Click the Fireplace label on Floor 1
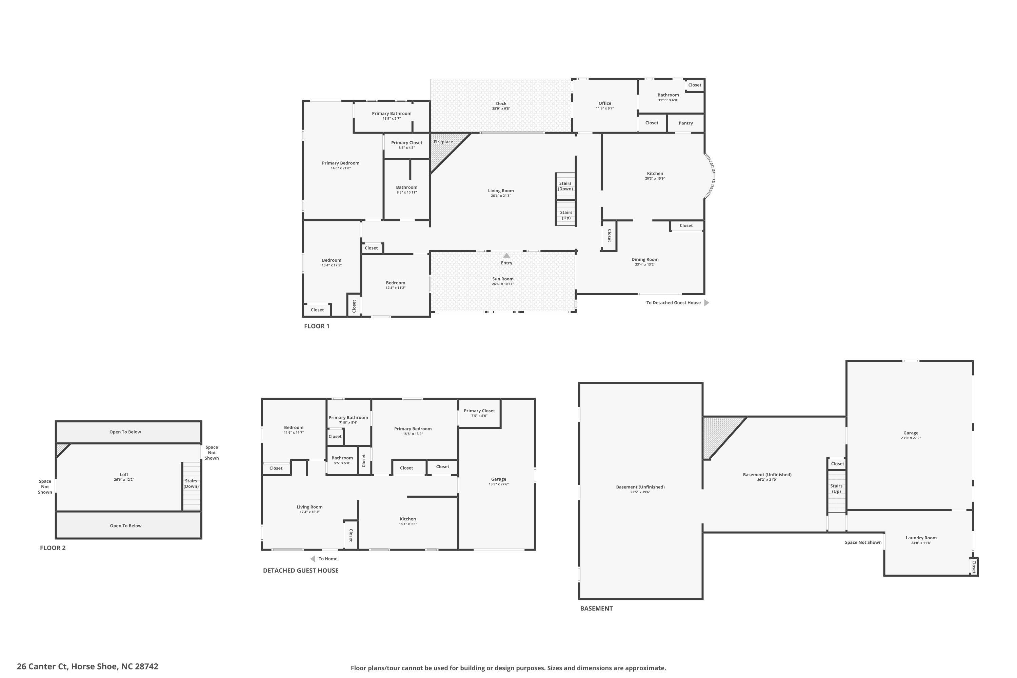point(443,142)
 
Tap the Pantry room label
point(686,123)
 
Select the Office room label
point(605,103)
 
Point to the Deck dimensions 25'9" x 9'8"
point(501,108)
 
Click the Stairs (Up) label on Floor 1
point(566,215)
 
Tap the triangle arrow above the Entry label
point(507,256)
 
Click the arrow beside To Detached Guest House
point(706,303)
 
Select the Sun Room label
point(503,279)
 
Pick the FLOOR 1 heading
point(317,326)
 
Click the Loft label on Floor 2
point(124,474)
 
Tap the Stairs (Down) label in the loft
point(191,483)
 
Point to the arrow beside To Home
point(313,559)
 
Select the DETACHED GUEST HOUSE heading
point(301,570)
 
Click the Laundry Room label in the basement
point(921,538)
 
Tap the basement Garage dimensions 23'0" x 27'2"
point(911,438)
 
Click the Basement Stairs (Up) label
point(836,488)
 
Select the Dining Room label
point(645,259)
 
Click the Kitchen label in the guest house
point(408,519)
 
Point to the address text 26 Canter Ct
point(42,666)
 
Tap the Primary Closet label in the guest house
point(480,411)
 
